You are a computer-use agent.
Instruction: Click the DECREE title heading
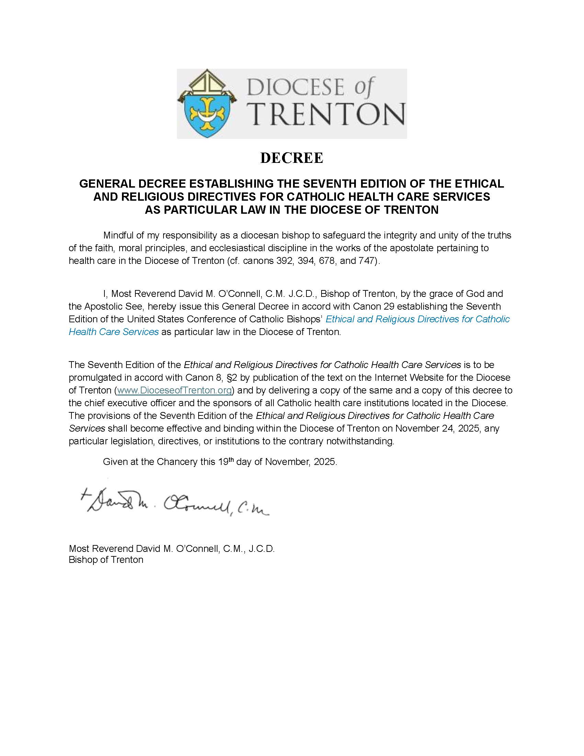coord(292,158)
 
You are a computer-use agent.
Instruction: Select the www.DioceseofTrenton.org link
coord(175,390)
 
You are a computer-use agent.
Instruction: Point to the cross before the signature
coord(84,493)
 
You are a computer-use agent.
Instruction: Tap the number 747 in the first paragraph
coord(367,261)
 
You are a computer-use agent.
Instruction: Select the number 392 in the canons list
coord(284,261)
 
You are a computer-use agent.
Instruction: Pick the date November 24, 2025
coord(438,428)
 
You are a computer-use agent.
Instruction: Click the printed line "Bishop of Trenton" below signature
coord(106,560)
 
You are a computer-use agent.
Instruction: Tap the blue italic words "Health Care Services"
coord(113,332)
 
